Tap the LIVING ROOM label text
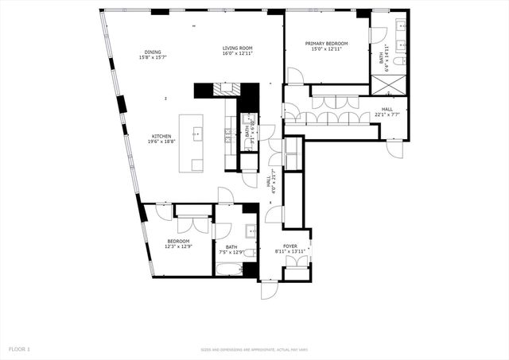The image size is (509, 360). [x=237, y=49]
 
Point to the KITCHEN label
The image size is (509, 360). [x=161, y=136]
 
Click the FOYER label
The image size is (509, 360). [x=290, y=247]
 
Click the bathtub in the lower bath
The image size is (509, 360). [x=231, y=269]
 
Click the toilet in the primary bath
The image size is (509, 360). [x=401, y=60]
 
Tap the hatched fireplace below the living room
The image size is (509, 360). [x=226, y=88]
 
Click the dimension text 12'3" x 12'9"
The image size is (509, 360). [x=178, y=246]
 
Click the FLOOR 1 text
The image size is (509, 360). [x=19, y=348]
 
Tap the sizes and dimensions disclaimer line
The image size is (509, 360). [x=254, y=349]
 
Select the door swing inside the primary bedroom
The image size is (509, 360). [x=294, y=76]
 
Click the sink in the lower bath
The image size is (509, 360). [x=251, y=233]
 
